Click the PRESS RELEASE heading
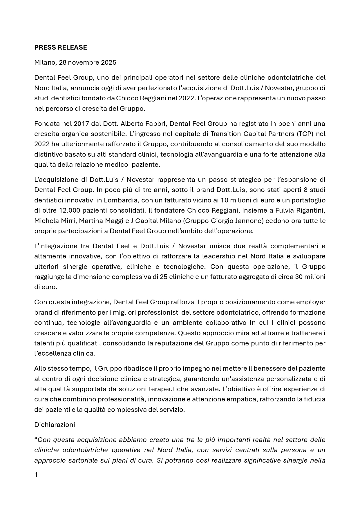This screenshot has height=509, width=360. tap(60, 47)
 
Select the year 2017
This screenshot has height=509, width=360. tap(82, 124)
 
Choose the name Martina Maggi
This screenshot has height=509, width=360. tap(101, 221)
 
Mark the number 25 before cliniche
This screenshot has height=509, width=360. tap(164, 277)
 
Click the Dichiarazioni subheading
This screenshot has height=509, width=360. tap(55, 425)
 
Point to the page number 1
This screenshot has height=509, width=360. tap(36, 475)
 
